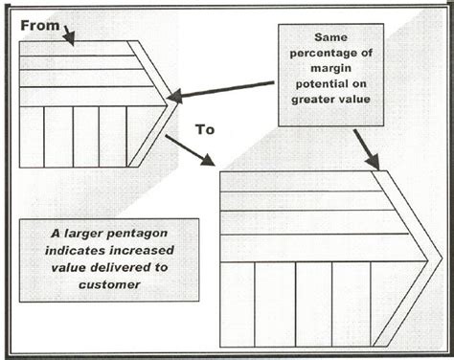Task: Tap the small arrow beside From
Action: pos(69,35)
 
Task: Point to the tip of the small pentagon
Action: pos(173,99)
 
